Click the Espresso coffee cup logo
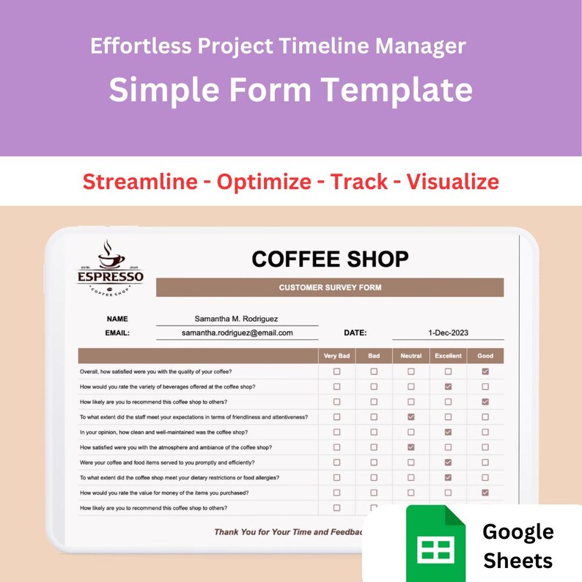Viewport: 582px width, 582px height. [111, 268]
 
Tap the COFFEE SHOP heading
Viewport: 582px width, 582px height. [330, 259]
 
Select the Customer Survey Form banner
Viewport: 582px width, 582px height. [330, 287]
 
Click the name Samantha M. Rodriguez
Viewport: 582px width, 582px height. [236, 319]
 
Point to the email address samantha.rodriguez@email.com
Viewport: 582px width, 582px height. [237, 333]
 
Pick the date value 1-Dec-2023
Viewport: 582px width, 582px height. [448, 333]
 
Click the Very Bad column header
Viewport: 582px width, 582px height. [336, 356]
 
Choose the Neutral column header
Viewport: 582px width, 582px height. [410, 356]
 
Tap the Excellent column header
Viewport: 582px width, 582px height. [448, 356]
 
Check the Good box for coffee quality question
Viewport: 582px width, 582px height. [485, 372]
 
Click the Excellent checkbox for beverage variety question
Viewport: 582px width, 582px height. [448, 386]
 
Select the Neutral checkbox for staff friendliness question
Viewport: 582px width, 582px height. [410, 416]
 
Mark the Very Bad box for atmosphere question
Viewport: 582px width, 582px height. [336, 447]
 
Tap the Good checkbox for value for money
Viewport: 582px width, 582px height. [485, 493]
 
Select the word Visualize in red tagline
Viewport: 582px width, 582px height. [452, 181]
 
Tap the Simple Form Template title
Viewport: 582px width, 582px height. [290, 90]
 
